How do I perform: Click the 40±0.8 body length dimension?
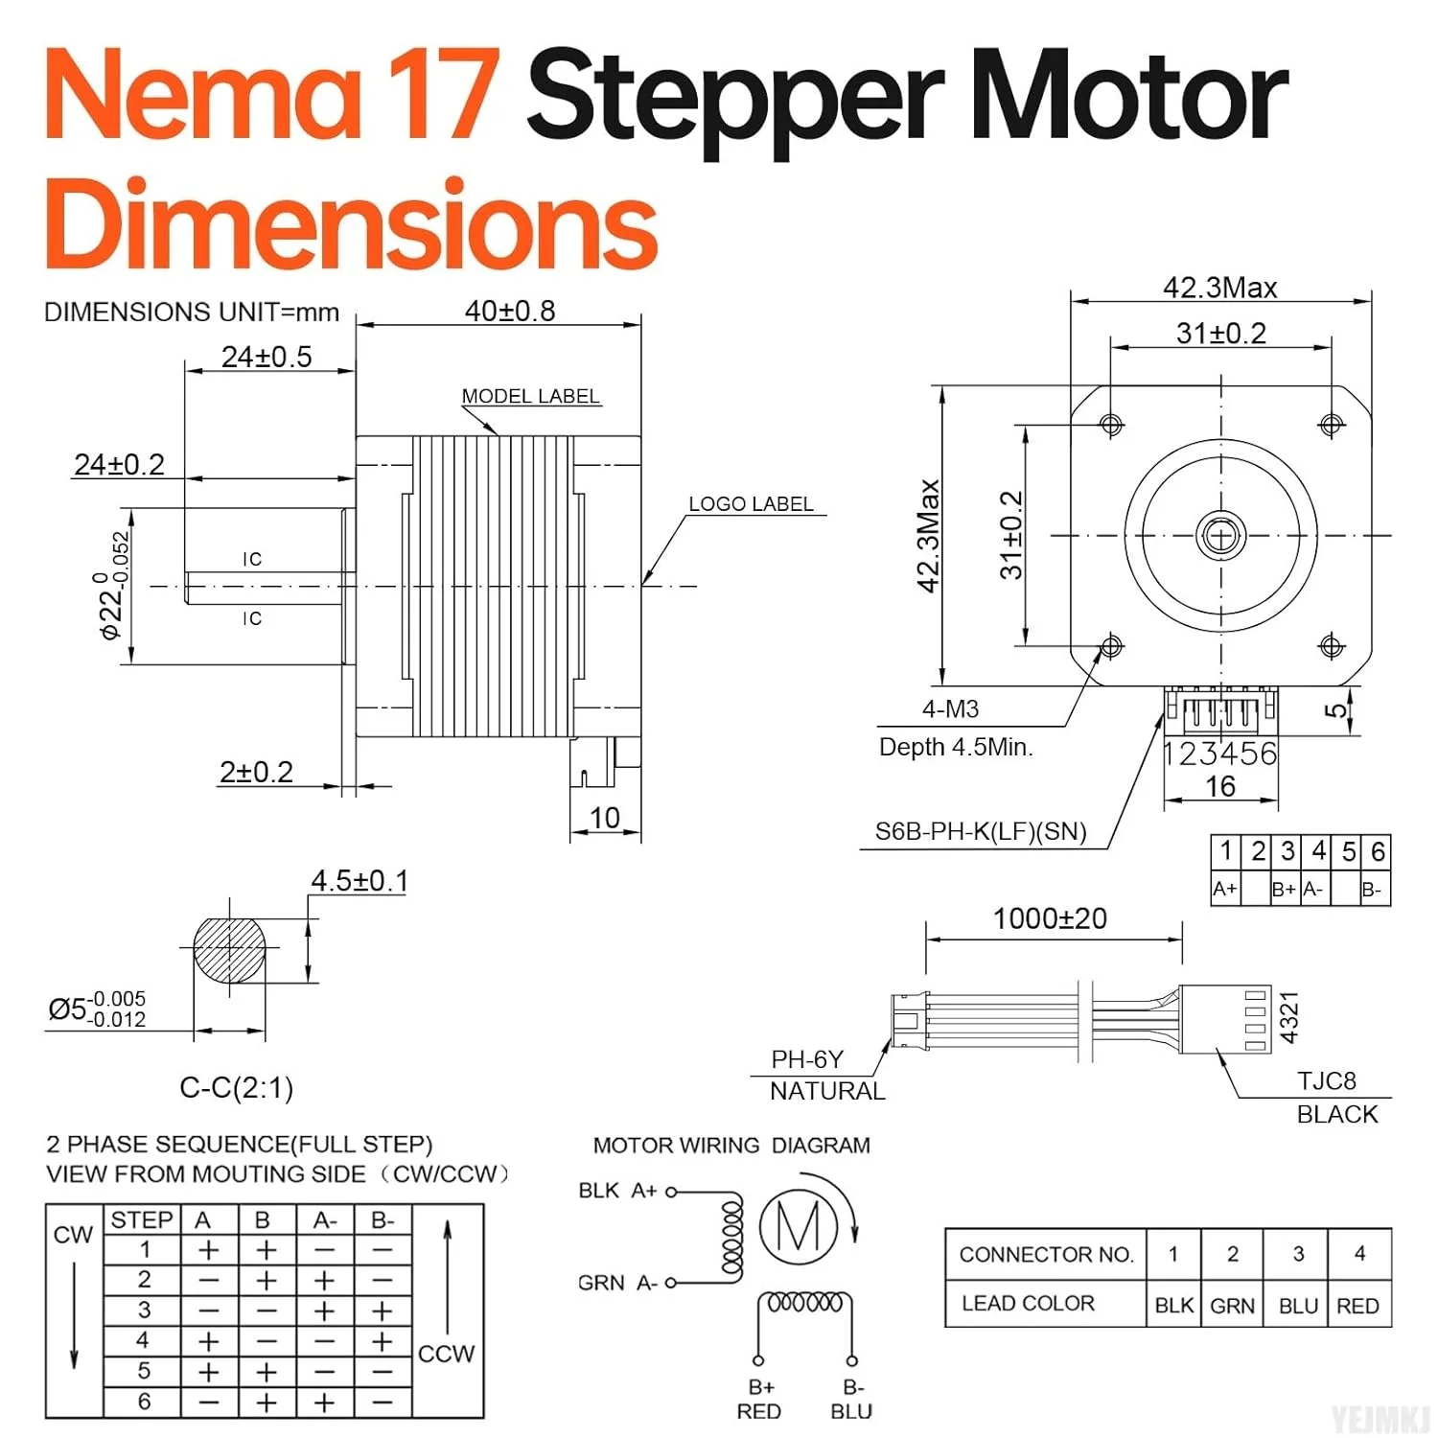(x=509, y=311)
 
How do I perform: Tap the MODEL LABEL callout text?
(x=530, y=396)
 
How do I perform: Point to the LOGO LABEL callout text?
(x=751, y=504)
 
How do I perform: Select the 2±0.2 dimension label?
(x=256, y=772)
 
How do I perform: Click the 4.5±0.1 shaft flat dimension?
(x=359, y=881)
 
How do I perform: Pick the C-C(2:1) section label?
(x=236, y=1088)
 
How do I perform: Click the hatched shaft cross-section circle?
(x=229, y=949)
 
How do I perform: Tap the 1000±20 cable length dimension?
(x=1050, y=918)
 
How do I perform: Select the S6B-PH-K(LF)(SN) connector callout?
(x=981, y=831)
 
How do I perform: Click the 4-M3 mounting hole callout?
(x=950, y=709)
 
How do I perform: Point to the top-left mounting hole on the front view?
(x=1111, y=424)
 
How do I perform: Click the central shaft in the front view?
(x=1220, y=535)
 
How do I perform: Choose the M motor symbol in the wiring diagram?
(x=798, y=1225)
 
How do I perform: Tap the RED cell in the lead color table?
(x=1357, y=1306)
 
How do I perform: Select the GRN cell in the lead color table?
(x=1232, y=1306)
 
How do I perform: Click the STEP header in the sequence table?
(x=141, y=1219)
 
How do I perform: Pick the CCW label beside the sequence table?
(x=446, y=1354)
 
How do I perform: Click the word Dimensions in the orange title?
(x=351, y=225)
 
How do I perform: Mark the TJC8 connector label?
(x=1326, y=1081)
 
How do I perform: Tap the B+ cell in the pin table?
(x=1284, y=890)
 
